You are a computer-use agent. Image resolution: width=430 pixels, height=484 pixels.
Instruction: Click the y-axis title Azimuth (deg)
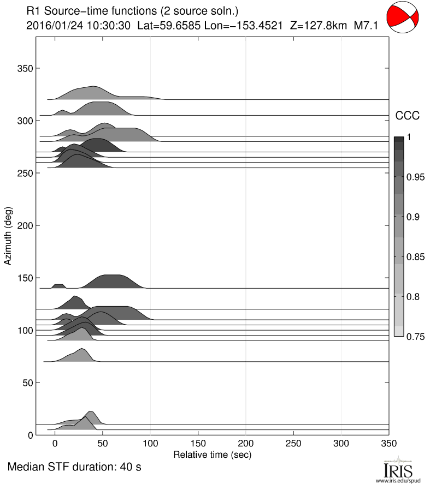[x=8, y=236]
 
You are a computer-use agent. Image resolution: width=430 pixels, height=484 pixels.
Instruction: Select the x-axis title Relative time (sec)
[x=213, y=454]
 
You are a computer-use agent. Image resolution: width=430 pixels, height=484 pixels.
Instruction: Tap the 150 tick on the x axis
[x=198, y=443]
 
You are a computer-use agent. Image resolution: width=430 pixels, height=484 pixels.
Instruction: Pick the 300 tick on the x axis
[x=341, y=443]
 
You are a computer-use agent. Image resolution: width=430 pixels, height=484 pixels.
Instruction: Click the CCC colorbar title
[x=407, y=115]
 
